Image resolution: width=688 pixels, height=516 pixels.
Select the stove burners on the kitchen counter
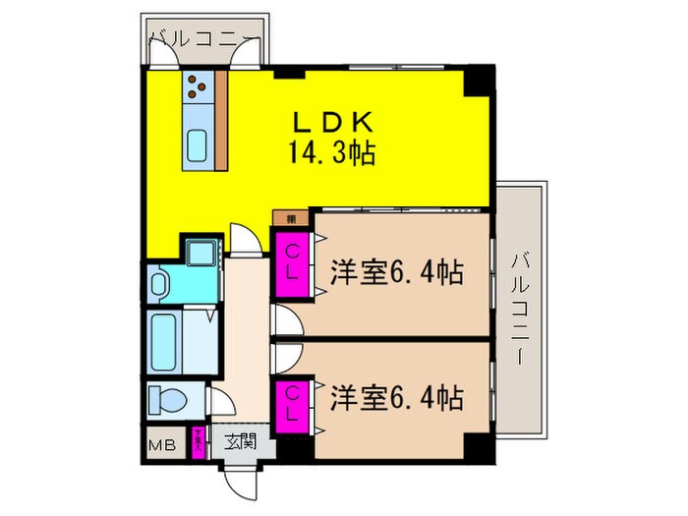[197, 88]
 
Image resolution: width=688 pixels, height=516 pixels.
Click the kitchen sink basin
[196, 144]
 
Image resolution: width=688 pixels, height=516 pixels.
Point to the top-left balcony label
[203, 41]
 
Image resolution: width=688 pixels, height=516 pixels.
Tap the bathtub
[165, 340]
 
